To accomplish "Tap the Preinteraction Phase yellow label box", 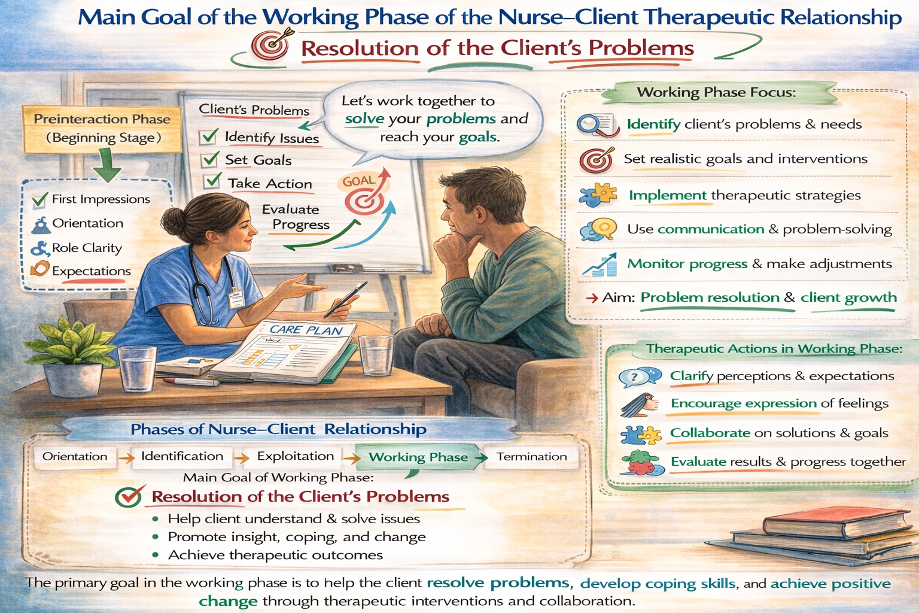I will coord(102,128).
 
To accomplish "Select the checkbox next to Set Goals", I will coord(210,159).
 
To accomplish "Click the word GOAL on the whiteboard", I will coord(358,181).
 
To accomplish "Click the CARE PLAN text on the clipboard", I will coord(306,330).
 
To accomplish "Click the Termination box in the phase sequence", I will coord(531,457).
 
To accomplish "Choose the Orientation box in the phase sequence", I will coord(75,457).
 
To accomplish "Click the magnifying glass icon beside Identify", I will coord(595,125).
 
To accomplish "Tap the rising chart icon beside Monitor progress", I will coord(600,265).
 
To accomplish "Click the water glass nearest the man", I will coord(376,354).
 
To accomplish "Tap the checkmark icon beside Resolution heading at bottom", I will coord(129,496).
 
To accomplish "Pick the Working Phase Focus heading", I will coord(716,92).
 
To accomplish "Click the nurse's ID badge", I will coord(236,296).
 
